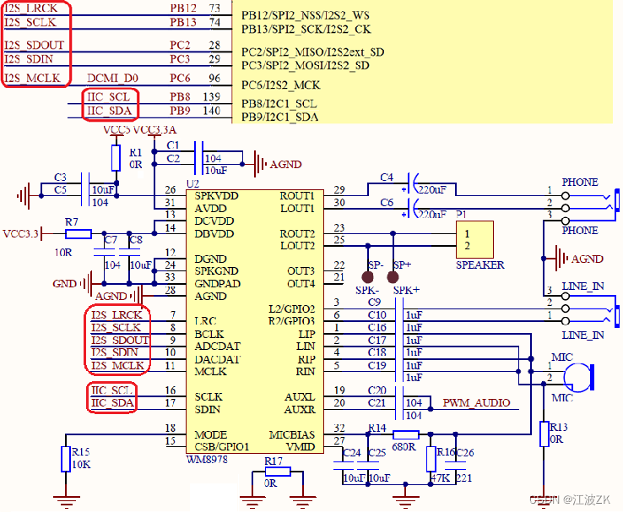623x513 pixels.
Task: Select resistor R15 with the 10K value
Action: (64, 459)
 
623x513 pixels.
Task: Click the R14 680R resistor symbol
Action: (405, 434)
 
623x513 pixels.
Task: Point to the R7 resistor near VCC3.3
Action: (78, 233)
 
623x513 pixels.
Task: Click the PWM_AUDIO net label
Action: (476, 403)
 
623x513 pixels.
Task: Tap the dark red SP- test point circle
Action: (368, 276)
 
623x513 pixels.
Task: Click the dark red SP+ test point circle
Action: (393, 276)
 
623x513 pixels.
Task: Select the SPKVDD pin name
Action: (216, 195)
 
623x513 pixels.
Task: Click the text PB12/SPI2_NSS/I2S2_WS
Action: (305, 15)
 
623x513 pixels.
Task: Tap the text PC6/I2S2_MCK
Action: (280, 85)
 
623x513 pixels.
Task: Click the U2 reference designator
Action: (192, 183)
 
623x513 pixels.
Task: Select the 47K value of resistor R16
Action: (438, 478)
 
